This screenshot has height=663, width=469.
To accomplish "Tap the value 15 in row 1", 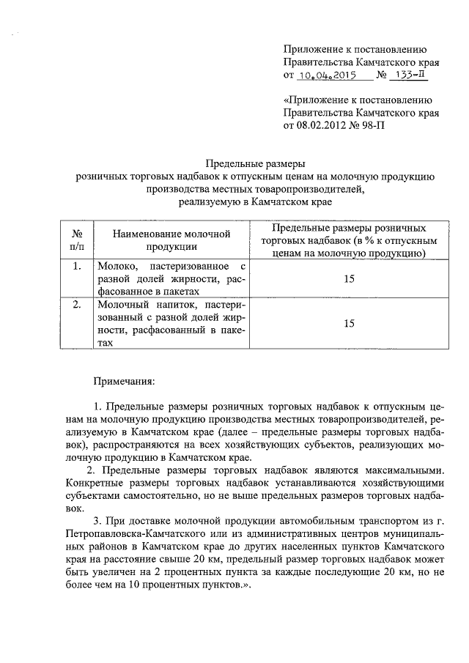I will pyautogui.click(x=349, y=278).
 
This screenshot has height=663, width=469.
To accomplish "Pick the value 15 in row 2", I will pyautogui.click(x=349, y=323).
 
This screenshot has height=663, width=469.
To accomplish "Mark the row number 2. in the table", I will pyautogui.click(x=77, y=304).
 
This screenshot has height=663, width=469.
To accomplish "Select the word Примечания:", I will pyautogui.click(x=123, y=382).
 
